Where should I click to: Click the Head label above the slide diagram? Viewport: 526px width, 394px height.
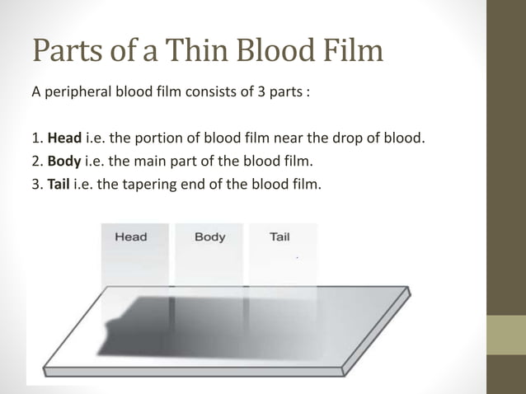point(130,237)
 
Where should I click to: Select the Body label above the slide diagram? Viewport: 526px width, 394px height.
point(209,237)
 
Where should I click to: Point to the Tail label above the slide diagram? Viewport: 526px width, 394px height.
point(279,237)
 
